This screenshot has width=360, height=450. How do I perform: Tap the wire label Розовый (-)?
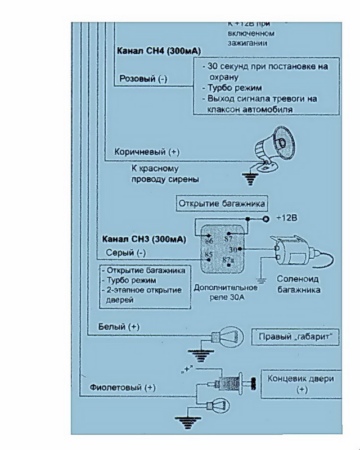[x=143, y=79]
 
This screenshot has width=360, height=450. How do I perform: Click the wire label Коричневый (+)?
[x=147, y=152]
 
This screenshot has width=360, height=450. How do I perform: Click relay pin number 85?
[x=208, y=255]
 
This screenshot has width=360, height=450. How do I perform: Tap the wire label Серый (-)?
[x=125, y=253]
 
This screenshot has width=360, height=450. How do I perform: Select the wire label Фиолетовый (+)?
[x=123, y=388]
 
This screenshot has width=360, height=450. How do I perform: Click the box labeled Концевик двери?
[x=301, y=384]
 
